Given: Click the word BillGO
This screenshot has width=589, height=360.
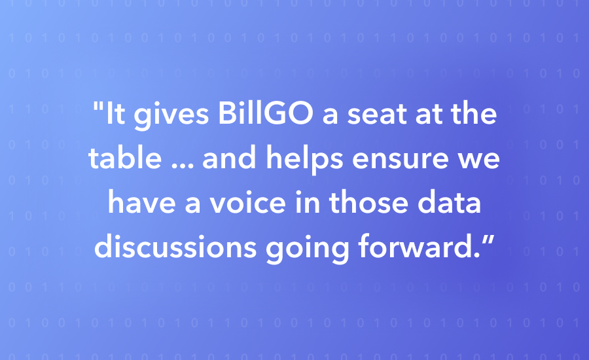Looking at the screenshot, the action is (265, 113).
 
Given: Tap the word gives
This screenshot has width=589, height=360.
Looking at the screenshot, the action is (171, 116).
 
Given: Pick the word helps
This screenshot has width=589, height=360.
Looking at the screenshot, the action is (304, 159).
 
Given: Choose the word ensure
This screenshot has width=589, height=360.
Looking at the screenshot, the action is (400, 160).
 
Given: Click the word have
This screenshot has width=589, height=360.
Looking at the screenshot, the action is (142, 202).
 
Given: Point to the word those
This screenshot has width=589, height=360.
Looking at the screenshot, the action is (368, 202).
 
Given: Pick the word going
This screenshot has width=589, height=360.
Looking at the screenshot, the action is (308, 248).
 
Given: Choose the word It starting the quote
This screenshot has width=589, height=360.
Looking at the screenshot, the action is (115, 113).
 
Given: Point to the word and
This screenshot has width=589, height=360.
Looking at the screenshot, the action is (229, 157).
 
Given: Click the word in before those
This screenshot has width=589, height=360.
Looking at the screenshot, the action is (308, 202).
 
